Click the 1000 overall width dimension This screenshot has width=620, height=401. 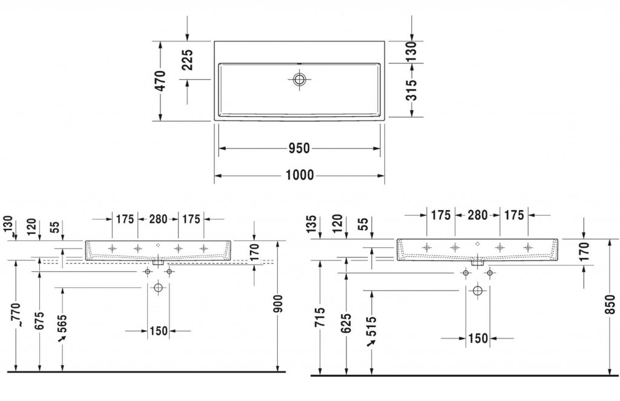click(300, 175)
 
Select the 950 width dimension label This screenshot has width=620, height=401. click(299, 148)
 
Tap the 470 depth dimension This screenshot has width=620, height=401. click(160, 81)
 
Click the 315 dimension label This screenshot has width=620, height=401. click(412, 90)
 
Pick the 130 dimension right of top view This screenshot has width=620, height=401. click(412, 51)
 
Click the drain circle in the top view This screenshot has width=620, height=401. click(299, 79)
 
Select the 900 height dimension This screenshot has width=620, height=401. click(279, 303)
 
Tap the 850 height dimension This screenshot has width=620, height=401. click(611, 305)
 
